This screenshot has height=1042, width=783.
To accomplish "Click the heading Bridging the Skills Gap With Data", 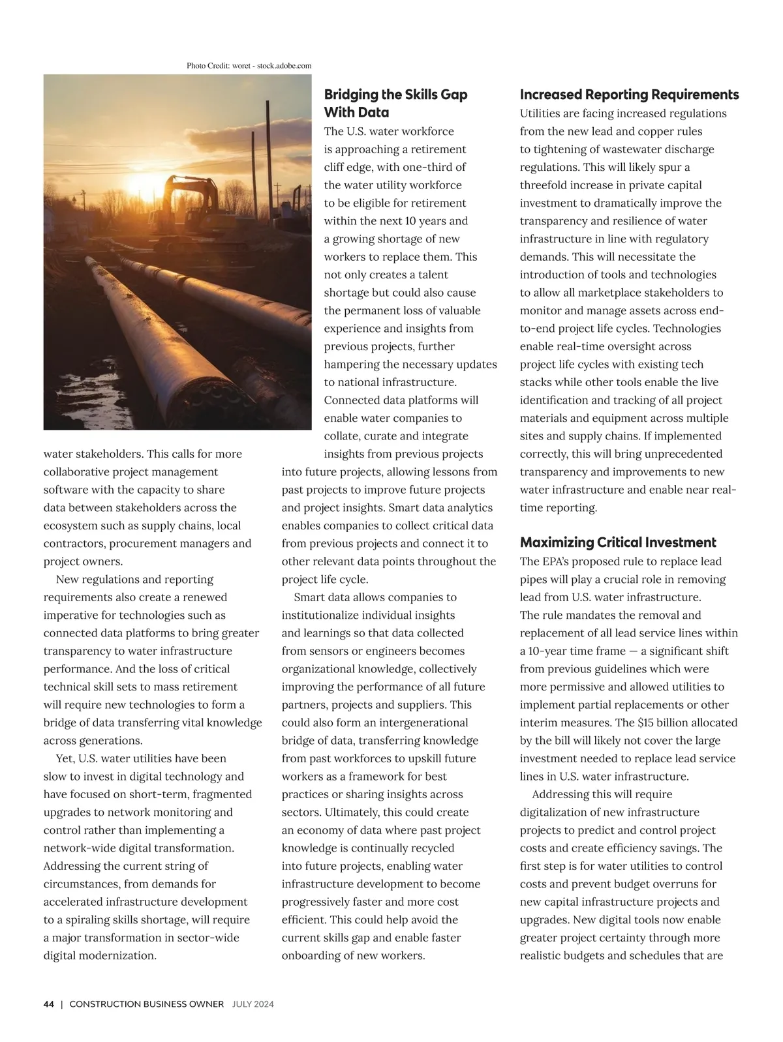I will coord(395,103).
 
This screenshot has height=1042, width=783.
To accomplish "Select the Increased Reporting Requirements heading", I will coord(629,95).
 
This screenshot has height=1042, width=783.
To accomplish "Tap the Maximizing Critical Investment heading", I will coord(618,543).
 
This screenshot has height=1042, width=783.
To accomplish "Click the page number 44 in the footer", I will coord(49,1004).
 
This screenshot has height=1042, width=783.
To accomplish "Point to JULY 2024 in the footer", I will coord(253,1004).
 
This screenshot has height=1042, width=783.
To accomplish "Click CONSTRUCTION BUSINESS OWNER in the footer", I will coord(146,1004).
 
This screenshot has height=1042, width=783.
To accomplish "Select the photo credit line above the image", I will coord(249,66).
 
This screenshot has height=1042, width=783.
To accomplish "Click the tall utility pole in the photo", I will coord(268,150).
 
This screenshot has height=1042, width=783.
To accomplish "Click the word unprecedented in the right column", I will coord(682,454).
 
